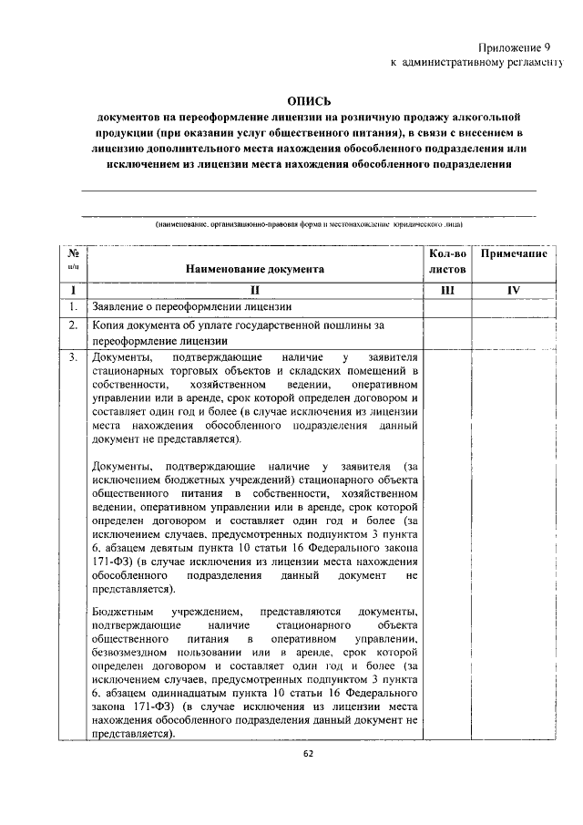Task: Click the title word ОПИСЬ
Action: (309, 101)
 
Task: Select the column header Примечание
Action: (513, 253)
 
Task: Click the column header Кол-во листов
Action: (447, 262)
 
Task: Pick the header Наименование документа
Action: (254, 270)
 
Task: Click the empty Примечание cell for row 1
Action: (513, 306)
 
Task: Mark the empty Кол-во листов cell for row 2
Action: (447, 333)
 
